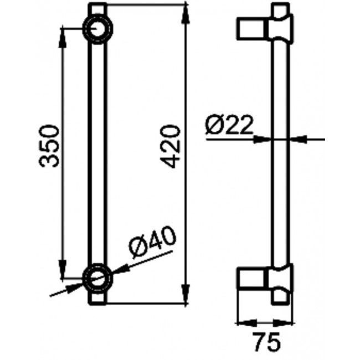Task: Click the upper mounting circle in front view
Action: [x=98, y=27]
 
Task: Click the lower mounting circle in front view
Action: [x=98, y=275]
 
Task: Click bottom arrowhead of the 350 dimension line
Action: [x=63, y=268]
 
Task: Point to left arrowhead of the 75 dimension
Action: [x=243, y=322]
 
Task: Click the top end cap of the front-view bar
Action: [x=98, y=9]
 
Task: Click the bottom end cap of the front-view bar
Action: [x=98, y=296]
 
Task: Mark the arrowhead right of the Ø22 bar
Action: [x=296, y=140]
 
